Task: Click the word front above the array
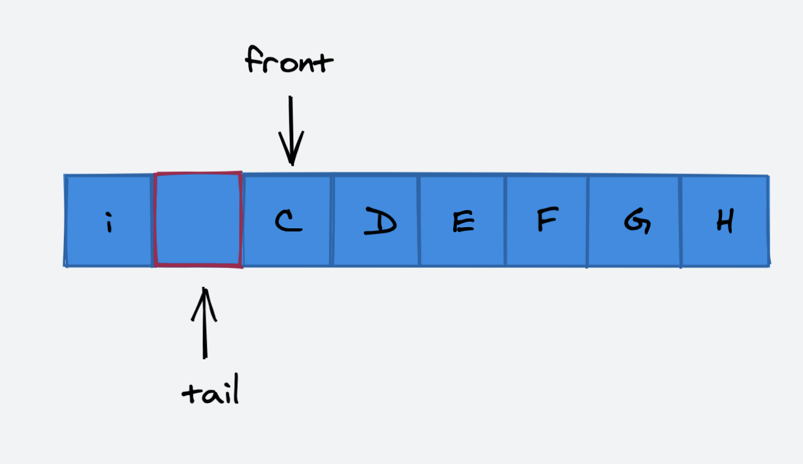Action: tap(289, 62)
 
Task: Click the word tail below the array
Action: tap(210, 393)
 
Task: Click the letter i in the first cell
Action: tap(109, 224)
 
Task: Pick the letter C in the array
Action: tap(288, 222)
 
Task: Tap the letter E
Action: tap(463, 223)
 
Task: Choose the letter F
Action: tap(547, 220)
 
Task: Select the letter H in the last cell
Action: tap(725, 221)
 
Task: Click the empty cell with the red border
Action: tap(198, 220)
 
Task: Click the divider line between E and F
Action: tap(505, 220)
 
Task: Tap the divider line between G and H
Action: tap(681, 220)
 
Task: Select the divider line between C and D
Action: tap(332, 220)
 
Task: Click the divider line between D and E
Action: tap(419, 220)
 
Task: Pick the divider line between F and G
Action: tap(587, 220)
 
